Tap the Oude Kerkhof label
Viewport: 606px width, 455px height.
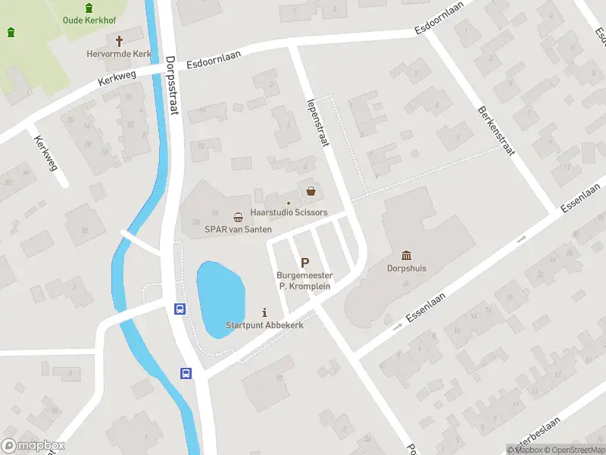click(89, 20)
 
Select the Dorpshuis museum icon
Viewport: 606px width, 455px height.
click(408, 255)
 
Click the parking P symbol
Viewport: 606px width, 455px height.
click(305, 263)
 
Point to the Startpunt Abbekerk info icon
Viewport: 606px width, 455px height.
click(264, 312)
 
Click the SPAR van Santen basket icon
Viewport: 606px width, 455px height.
click(238, 217)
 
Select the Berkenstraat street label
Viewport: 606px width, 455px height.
click(496, 130)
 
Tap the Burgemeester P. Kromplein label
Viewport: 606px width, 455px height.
click(305, 280)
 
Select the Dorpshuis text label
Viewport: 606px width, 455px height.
click(408, 268)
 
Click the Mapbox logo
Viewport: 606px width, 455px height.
click(33, 446)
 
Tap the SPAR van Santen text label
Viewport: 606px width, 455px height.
click(238, 229)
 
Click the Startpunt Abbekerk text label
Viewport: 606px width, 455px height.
click(264, 325)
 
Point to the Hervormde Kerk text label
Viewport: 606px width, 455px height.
click(119, 54)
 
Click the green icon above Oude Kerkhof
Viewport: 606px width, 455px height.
click(89, 8)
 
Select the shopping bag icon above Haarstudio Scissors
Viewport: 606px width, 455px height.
click(311, 190)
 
